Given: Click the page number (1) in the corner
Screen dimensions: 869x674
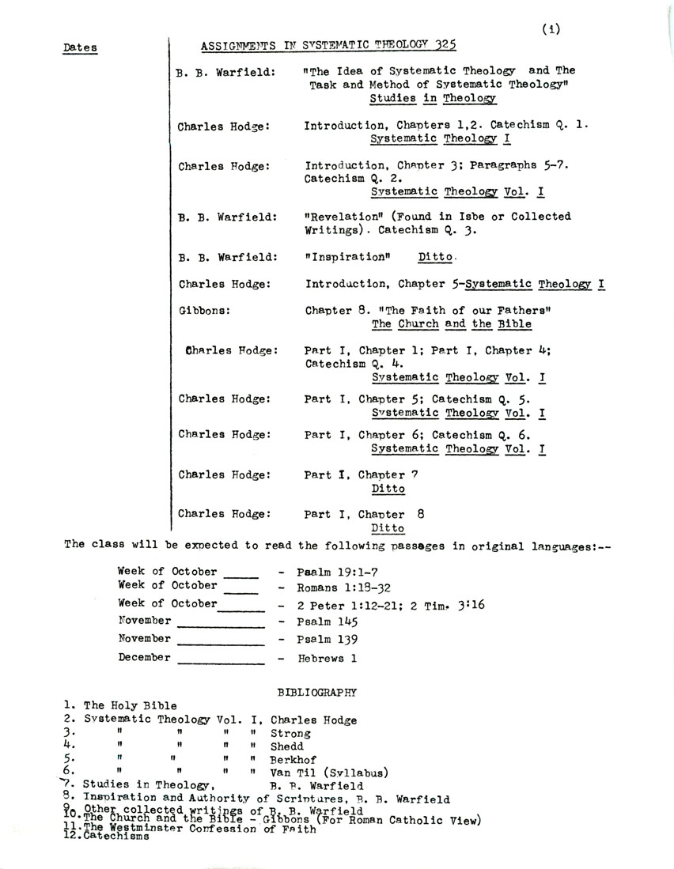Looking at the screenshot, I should click(x=551, y=29).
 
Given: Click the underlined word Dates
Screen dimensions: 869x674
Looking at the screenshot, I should click(x=80, y=48).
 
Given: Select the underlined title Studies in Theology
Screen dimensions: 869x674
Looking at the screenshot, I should click(x=433, y=99).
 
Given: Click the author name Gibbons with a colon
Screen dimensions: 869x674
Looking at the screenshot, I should click(x=204, y=311).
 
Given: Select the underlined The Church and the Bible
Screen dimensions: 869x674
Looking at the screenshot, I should click(x=451, y=324).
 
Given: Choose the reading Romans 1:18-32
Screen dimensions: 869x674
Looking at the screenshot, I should click(x=344, y=588).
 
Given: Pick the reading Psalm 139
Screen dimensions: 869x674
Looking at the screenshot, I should click(x=325, y=639).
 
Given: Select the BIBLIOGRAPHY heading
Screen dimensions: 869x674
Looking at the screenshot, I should click(x=317, y=693).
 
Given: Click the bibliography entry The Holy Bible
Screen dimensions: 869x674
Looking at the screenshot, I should click(x=130, y=706).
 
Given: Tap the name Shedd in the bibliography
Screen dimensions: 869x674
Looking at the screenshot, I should click(x=286, y=746).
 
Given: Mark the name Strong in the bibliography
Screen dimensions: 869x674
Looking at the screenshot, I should click(x=290, y=734).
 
